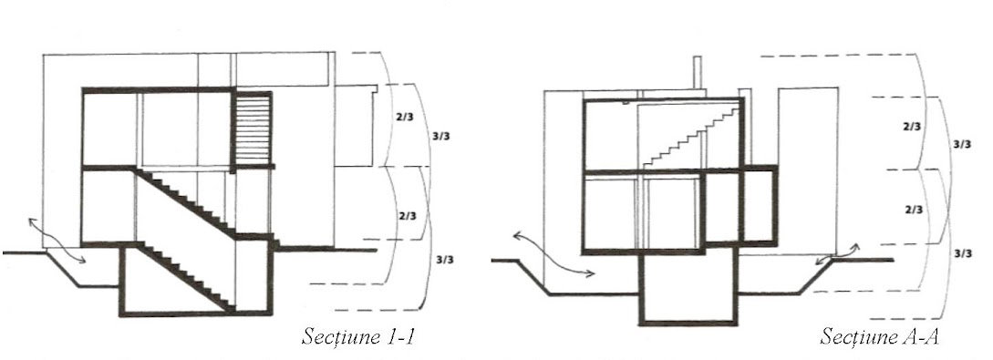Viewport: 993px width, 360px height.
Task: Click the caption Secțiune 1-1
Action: [x=357, y=335]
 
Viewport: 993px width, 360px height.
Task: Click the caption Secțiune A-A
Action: [x=879, y=336]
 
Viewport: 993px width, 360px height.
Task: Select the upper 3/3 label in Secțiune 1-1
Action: [x=441, y=136]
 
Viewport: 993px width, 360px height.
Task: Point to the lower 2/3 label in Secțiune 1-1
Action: [x=408, y=216]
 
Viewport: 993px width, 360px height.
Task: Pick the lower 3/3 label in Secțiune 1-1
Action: [x=445, y=260]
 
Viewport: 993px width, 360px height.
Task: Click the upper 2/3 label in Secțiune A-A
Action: [x=912, y=127]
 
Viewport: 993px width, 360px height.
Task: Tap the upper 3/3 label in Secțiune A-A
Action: [x=962, y=144]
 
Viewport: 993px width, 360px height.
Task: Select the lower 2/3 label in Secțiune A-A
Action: [x=913, y=210]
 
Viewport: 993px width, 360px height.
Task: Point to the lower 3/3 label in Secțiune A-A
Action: [x=962, y=253]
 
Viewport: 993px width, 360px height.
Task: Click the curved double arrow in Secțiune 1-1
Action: [x=57, y=240]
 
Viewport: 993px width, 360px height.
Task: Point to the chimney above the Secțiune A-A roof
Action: [x=698, y=74]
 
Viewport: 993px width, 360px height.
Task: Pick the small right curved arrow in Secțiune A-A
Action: [x=836, y=253]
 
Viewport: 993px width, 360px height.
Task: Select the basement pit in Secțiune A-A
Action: [x=688, y=288]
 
